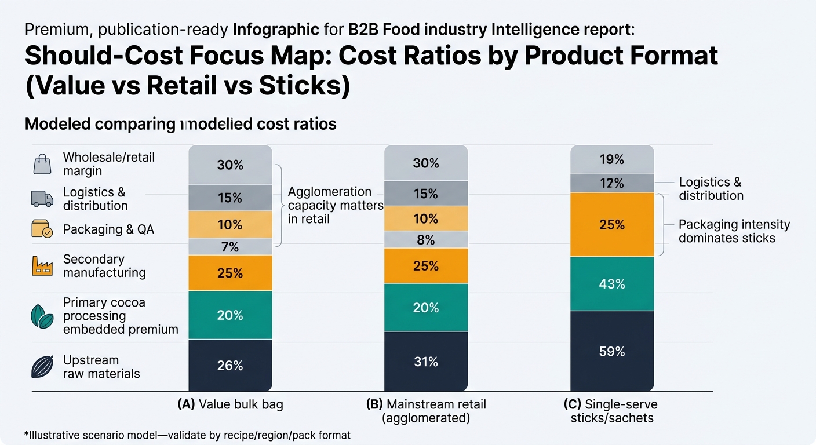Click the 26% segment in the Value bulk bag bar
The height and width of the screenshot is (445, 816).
pyautogui.click(x=230, y=365)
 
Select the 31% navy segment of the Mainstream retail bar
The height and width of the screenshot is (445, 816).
pyautogui.click(x=426, y=362)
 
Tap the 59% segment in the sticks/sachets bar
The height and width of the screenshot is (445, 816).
pyautogui.click(x=612, y=351)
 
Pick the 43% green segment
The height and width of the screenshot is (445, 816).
pyautogui.click(x=612, y=284)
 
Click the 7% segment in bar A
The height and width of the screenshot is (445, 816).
pyautogui.click(x=230, y=247)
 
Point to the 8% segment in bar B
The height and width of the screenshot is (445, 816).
pyautogui.click(x=426, y=240)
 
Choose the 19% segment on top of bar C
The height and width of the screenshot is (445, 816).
pyautogui.click(x=612, y=159)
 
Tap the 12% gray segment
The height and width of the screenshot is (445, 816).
pyautogui.click(x=612, y=183)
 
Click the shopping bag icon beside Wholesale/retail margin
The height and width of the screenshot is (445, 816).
pyautogui.click(x=42, y=164)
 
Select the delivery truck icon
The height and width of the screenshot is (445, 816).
pyautogui.click(x=42, y=199)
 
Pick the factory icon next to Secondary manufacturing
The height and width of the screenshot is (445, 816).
pyautogui.click(x=42, y=266)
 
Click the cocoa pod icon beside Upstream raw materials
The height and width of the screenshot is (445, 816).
pyautogui.click(x=42, y=366)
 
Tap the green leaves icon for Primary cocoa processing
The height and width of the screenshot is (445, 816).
pyautogui.click(x=42, y=316)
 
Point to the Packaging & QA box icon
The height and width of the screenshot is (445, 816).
pyautogui.click(x=42, y=230)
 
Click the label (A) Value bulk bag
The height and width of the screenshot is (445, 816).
pyautogui.click(x=230, y=404)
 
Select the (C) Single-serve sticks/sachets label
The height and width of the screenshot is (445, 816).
pyautogui.click(x=613, y=411)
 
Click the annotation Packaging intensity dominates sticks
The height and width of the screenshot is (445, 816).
pyautogui.click(x=734, y=231)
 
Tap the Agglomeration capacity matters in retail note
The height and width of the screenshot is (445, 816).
pyautogui.click(x=335, y=205)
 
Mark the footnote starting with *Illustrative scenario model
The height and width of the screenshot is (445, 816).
pyautogui.click(x=188, y=435)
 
